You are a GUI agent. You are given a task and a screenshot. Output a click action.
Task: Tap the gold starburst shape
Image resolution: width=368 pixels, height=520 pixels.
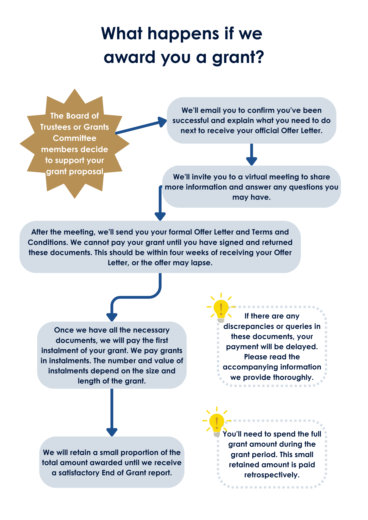[x=75, y=144]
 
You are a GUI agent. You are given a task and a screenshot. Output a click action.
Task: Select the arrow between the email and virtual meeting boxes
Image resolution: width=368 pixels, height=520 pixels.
[x=251, y=154]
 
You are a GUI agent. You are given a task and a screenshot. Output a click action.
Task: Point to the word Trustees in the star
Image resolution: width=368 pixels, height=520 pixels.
[x=56, y=127]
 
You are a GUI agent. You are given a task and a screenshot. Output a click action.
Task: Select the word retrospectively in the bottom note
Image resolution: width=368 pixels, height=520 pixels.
[x=272, y=475]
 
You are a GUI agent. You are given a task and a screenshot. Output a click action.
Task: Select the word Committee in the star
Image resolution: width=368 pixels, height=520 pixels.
[x=75, y=138]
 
